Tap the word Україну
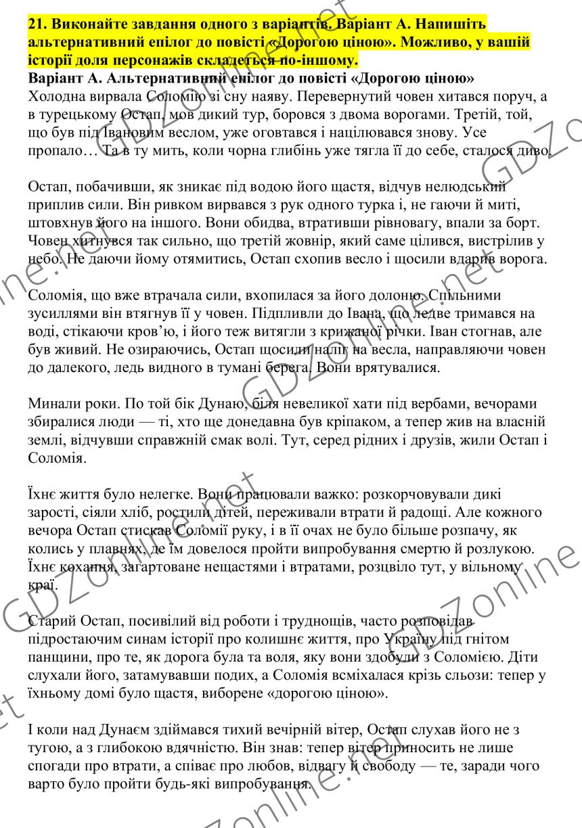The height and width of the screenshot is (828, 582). pos(415,638)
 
